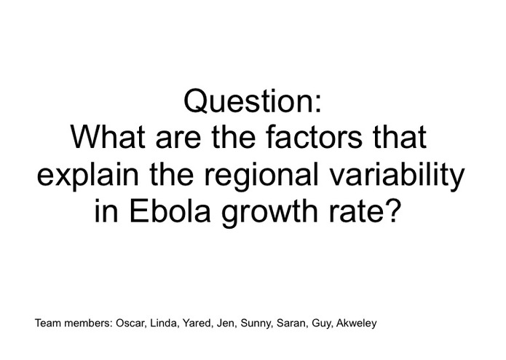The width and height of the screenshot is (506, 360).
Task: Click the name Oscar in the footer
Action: coord(130,322)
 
